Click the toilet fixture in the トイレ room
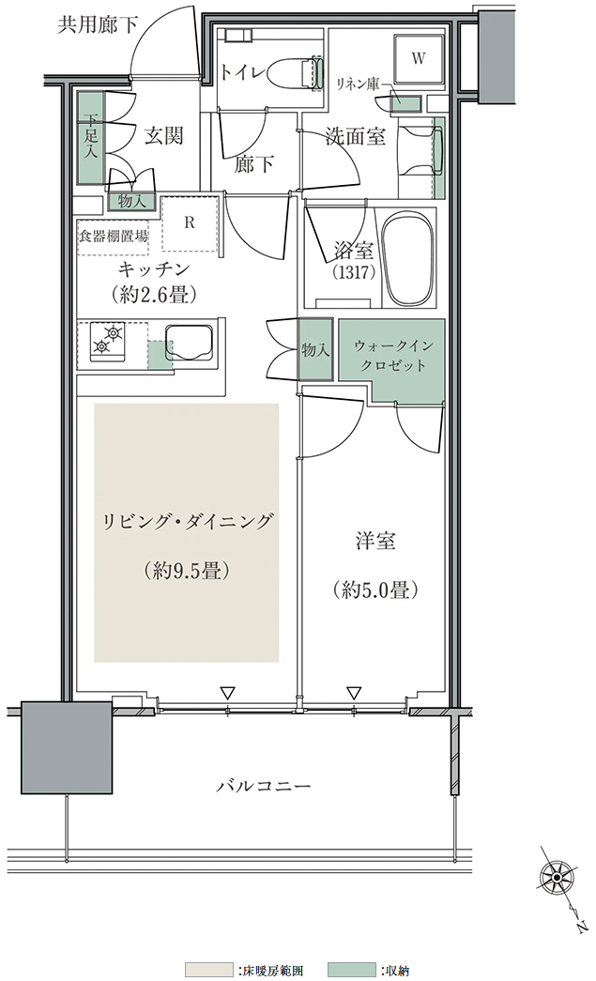(295, 72)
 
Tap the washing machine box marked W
(419, 58)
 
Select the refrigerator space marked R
(190, 223)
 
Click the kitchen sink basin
(190, 345)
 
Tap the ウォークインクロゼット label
(392, 356)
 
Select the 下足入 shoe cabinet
(91, 138)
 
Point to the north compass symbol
(556, 879)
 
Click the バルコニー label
(264, 785)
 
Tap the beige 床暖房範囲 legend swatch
(209, 970)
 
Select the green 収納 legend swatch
(351, 970)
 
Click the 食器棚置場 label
(114, 237)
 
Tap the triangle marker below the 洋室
(354, 693)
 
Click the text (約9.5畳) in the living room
(187, 570)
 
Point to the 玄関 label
(164, 135)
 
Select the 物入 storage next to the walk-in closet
(315, 349)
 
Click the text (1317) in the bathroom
(353, 272)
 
